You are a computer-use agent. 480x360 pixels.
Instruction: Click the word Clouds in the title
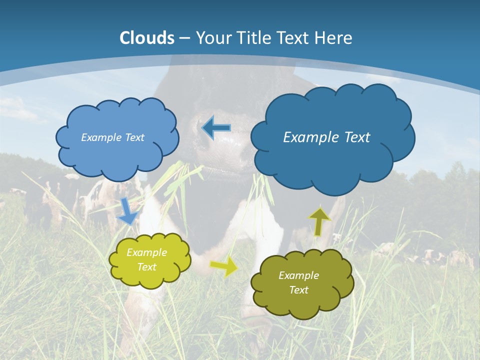point(147,38)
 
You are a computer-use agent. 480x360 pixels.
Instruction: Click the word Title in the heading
point(253,38)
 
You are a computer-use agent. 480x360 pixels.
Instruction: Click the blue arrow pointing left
point(216,128)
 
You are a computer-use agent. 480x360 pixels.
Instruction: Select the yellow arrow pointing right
point(224,266)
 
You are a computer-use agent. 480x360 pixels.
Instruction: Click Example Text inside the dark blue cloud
point(326,137)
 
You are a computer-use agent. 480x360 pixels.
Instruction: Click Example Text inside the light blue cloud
point(112,137)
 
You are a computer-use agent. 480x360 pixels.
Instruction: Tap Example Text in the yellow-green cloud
point(147,259)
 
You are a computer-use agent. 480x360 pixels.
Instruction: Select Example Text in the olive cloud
point(298,282)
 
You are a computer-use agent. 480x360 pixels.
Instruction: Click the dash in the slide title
point(184,38)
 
